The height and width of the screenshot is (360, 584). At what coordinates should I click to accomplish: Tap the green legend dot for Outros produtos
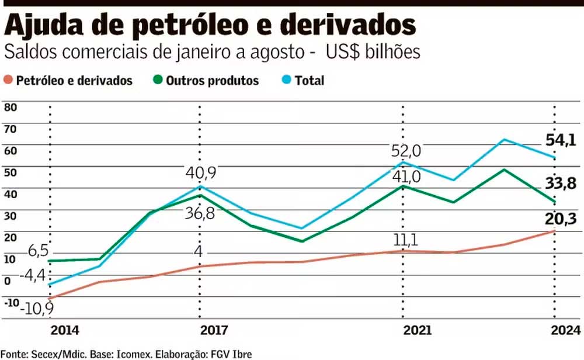pyautogui.click(x=157, y=81)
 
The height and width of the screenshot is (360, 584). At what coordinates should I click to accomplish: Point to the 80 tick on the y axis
pyautogui.click(x=11, y=108)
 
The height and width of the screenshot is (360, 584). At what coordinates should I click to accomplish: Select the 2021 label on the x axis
pyautogui.click(x=418, y=330)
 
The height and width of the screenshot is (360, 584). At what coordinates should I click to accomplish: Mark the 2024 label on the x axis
pyautogui.click(x=565, y=330)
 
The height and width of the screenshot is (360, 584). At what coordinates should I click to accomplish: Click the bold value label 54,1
pyautogui.click(x=561, y=140)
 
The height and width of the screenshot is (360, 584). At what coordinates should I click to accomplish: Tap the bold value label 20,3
pyautogui.click(x=561, y=219)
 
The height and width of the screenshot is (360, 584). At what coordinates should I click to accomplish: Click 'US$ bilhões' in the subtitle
pyautogui.click(x=372, y=51)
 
